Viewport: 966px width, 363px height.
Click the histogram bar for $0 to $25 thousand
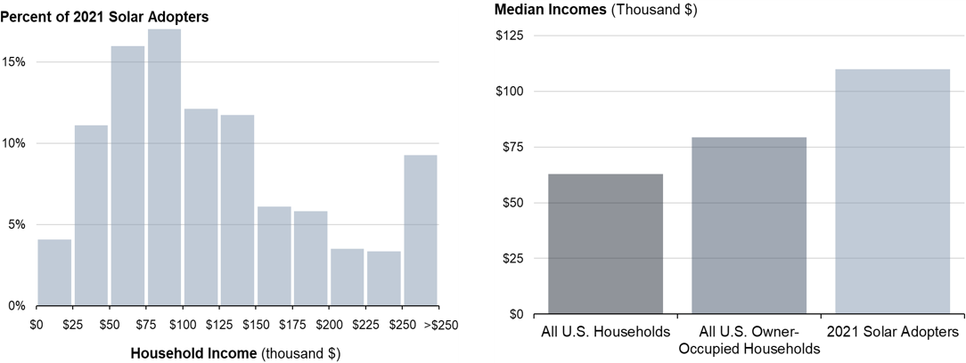click(54, 272)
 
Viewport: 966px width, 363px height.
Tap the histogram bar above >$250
click(421, 230)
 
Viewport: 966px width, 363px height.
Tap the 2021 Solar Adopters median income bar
click(892, 191)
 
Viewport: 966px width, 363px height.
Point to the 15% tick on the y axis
click(14, 62)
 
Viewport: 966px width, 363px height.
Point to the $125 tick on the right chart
click(510, 36)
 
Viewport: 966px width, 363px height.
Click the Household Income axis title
click(235, 352)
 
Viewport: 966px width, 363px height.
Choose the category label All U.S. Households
click(605, 332)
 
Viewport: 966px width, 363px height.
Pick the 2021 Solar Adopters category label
click(892, 332)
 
